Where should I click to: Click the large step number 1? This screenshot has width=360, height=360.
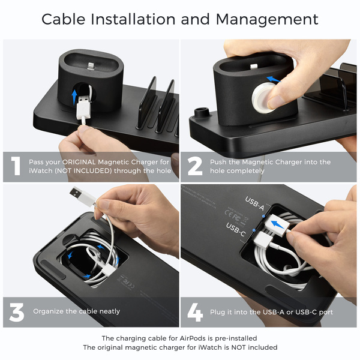[16, 166]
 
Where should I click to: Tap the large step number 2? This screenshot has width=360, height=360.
[195, 166]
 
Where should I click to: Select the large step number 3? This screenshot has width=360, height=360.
[17, 312]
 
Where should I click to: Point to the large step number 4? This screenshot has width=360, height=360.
[195, 312]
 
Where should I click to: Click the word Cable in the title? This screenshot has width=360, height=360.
[64, 19]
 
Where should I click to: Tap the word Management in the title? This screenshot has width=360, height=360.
[267, 19]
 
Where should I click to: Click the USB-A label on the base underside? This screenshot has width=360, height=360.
[254, 203]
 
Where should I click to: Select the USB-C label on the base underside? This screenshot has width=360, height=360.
[236, 230]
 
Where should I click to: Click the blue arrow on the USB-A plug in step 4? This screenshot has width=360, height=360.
[277, 224]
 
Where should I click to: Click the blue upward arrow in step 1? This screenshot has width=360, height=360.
[74, 97]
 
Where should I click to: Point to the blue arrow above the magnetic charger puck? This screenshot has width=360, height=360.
[274, 79]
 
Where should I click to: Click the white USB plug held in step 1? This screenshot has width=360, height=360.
[84, 107]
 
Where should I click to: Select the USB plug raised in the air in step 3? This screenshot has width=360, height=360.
[82, 195]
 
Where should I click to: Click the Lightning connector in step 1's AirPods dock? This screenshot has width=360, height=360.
[91, 66]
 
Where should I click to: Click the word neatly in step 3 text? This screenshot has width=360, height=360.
[110, 311]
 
